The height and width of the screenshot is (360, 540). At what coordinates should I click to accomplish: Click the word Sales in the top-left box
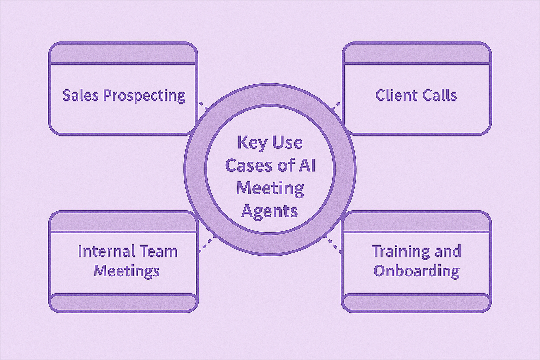tap(81, 95)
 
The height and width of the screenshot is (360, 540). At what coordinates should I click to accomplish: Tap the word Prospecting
tap(144, 96)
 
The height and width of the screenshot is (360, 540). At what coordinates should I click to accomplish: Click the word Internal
tap(103, 251)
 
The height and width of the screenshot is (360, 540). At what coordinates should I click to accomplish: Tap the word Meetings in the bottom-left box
tap(127, 271)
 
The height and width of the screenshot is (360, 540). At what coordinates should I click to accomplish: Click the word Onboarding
tap(416, 271)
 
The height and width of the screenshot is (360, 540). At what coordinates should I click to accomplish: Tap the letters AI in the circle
tap(307, 166)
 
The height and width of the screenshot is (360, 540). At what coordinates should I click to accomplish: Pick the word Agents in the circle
tap(270, 211)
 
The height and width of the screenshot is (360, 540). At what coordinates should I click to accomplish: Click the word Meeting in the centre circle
tap(270, 188)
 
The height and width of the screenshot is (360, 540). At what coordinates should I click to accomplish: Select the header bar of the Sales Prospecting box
tap(123, 54)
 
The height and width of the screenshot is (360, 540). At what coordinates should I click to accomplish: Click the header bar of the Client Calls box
tap(417, 54)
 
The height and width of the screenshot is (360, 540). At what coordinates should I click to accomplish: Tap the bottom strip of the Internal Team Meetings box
tap(123, 303)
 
